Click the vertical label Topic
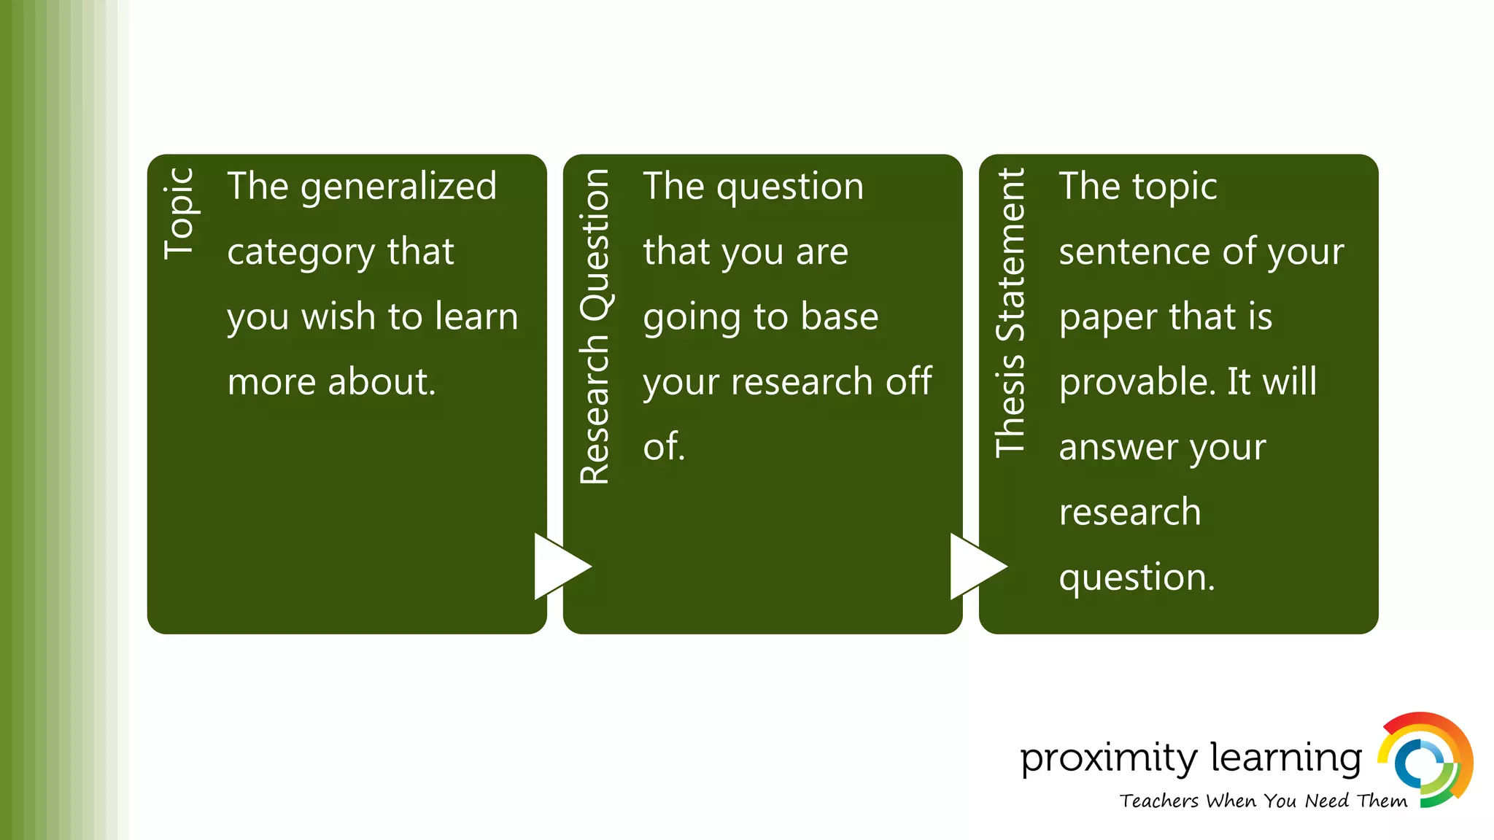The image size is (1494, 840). click(179, 214)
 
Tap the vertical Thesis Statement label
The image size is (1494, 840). click(1011, 313)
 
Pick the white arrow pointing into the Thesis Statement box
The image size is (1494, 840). click(976, 567)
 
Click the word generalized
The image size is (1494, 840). click(398, 187)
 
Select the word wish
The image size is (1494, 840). click(338, 316)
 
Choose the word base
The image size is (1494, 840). click(839, 316)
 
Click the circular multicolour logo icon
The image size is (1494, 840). click(1425, 761)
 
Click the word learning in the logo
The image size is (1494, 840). click(1286, 759)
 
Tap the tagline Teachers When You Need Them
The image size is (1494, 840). click(1263, 801)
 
